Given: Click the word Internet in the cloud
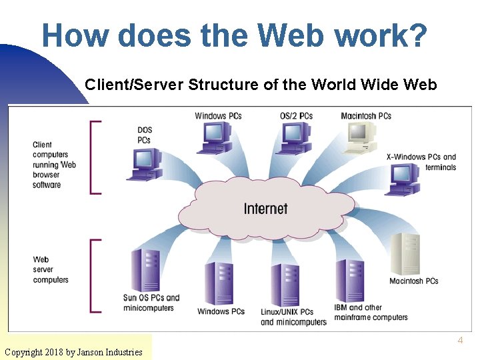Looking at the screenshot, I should pyautogui.click(x=265, y=209).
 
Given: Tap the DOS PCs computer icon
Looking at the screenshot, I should pyautogui.click(x=144, y=164).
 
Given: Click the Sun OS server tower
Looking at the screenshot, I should pyautogui.click(x=147, y=270).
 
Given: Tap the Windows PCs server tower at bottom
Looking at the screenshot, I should pyautogui.click(x=219, y=283).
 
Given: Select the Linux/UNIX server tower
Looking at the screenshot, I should pyautogui.click(x=286, y=284).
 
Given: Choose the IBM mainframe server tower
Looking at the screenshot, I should pyautogui.click(x=349, y=280).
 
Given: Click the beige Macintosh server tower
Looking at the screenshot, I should pyautogui.click(x=405, y=253).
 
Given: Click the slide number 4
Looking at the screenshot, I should pyautogui.click(x=459, y=341).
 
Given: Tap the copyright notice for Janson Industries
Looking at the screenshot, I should pyautogui.click(x=73, y=352).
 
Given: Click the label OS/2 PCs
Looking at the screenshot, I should pyautogui.click(x=296, y=116).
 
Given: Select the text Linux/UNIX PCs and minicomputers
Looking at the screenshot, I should pyautogui.click(x=293, y=317).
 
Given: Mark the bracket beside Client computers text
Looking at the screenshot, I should pyautogui.click(x=94, y=157).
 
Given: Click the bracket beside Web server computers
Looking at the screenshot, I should pyautogui.click(x=94, y=275).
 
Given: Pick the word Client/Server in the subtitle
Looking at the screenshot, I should pyautogui.click(x=134, y=85).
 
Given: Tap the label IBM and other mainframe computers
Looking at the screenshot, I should pyautogui.click(x=371, y=312).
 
